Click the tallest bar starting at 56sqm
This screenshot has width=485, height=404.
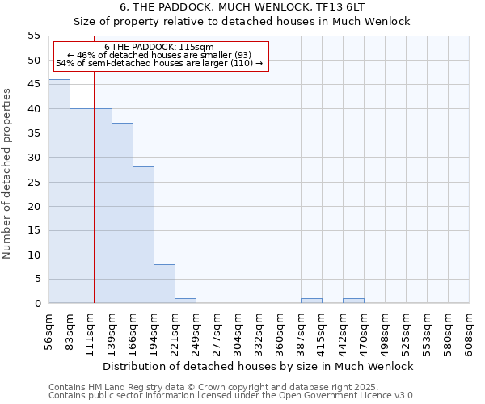(x=59, y=191)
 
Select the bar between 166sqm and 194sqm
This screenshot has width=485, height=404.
(x=143, y=235)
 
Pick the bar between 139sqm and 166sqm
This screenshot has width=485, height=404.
(x=122, y=213)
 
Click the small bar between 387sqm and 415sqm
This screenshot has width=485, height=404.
(x=311, y=301)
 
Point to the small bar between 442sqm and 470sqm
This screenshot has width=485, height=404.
(x=353, y=301)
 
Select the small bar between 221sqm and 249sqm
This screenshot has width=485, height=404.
(x=185, y=301)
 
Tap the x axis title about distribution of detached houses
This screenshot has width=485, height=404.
(x=259, y=366)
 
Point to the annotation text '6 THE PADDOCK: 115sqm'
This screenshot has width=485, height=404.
(x=159, y=48)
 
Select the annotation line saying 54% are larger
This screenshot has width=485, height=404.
(x=159, y=63)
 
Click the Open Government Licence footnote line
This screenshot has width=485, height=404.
(x=232, y=396)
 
